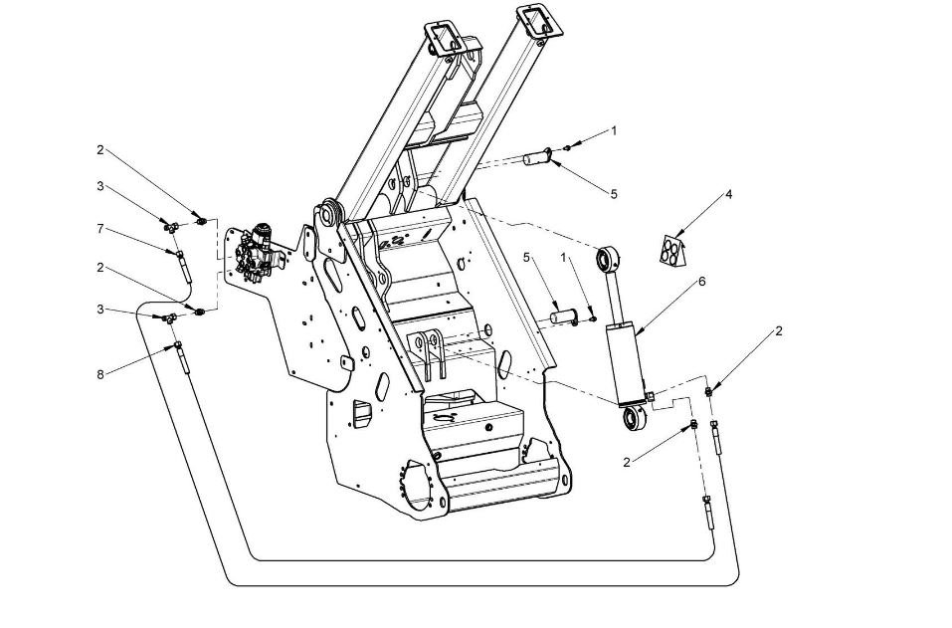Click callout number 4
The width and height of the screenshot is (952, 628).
point(728,194)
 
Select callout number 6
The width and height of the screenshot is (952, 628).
point(702,282)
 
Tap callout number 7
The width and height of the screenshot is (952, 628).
point(100,228)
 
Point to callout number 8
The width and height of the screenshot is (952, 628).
point(100,374)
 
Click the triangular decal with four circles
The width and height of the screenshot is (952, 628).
point(672,250)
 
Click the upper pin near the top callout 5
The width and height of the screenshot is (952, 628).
point(538,158)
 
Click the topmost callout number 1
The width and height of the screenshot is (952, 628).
point(614,130)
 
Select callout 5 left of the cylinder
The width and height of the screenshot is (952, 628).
point(526,257)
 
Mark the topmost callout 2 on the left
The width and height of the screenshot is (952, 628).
point(100,150)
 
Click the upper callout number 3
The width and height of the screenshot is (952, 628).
point(100,186)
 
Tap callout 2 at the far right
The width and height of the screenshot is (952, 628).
point(779,331)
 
